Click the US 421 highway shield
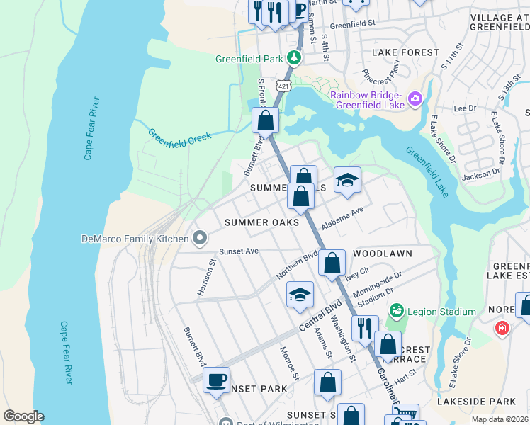(283, 85)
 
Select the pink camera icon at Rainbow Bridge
(415, 97)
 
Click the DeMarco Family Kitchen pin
(200, 238)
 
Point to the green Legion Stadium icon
(397, 311)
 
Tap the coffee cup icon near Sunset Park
(216, 380)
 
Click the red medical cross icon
(502, 329)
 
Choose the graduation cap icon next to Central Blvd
(300, 294)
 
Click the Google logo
(23, 416)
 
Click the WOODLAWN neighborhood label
(382, 253)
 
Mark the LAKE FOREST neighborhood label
(401, 52)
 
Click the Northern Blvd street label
(298, 266)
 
